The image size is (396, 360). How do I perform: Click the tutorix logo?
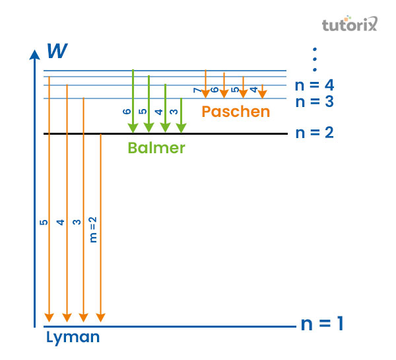click(349, 25)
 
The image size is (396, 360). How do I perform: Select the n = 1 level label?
click(322, 324)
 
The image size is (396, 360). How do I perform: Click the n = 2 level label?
click(315, 133)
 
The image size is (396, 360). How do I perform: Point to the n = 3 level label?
click(315, 102)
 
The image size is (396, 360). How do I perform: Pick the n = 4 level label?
click(315, 85)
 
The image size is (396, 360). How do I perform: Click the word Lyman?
click(73, 338)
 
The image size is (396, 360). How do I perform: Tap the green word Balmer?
click(156, 148)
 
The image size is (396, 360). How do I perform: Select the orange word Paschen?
click(236, 112)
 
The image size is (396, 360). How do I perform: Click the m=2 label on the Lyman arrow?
click(93, 229)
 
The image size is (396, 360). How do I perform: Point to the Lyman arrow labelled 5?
click(48, 198)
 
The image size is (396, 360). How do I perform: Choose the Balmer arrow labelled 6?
click(134, 99)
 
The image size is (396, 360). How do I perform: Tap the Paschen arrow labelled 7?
click(206, 83)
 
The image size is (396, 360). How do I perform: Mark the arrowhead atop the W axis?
click(34, 53)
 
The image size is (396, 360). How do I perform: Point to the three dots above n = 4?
click(315, 59)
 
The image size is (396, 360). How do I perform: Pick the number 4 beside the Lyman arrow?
click(60, 223)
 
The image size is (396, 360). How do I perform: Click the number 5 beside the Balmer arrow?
click(143, 112)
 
